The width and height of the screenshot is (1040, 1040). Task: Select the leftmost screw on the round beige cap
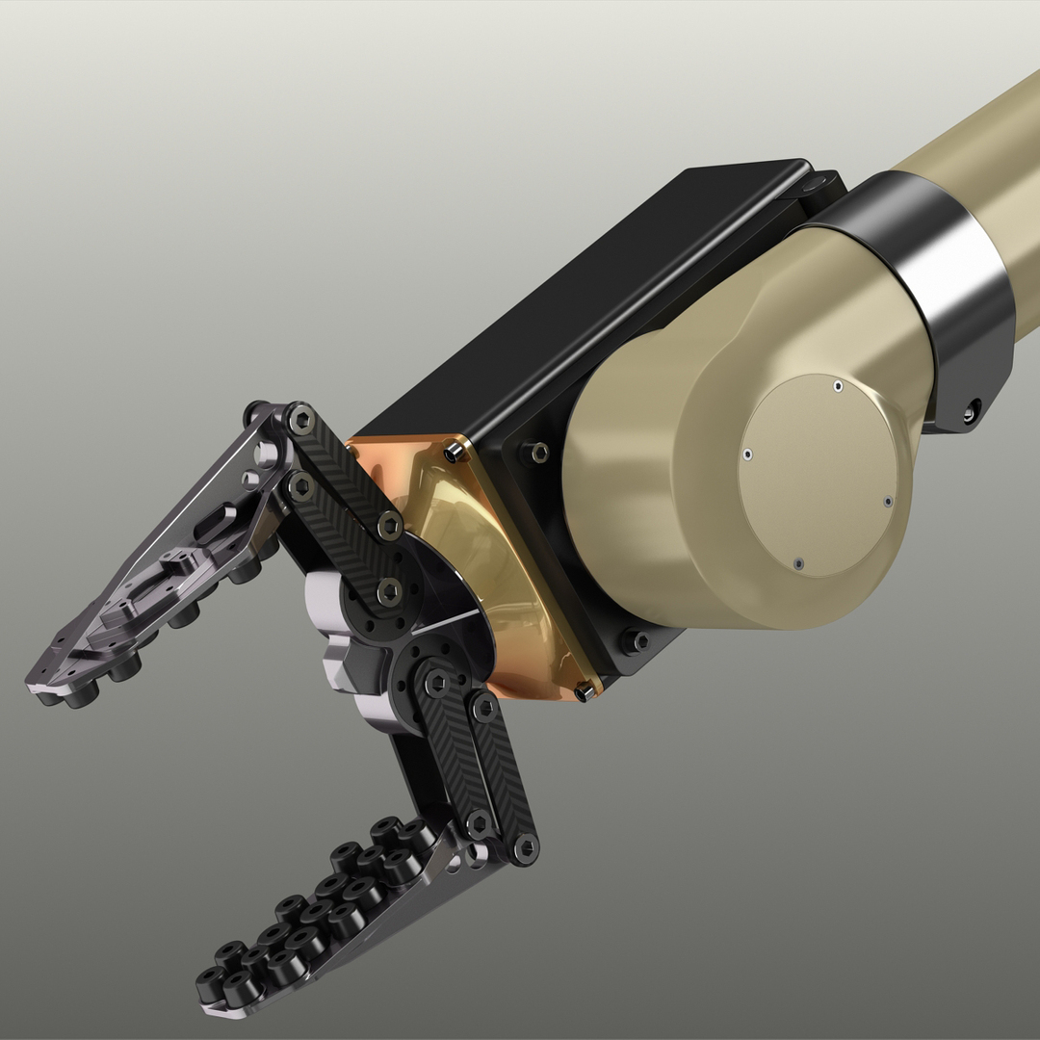[x=747, y=454]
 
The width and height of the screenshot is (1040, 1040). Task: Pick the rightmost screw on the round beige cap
[x=888, y=501]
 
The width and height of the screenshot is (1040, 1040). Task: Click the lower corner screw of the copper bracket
[x=584, y=691]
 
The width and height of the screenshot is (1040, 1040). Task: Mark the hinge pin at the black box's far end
[x=814, y=182]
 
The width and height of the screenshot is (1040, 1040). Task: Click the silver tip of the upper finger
[x=43, y=687]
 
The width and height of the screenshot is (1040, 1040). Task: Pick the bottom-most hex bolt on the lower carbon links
[x=526, y=846]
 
